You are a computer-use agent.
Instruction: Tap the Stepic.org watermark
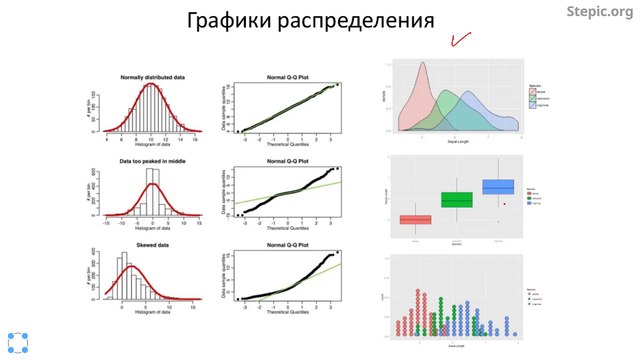pos(599,13)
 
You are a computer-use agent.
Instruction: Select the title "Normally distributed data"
pos(153,78)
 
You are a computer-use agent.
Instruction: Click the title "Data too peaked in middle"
pos(153,160)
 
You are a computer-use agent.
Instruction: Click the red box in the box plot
pos(416,220)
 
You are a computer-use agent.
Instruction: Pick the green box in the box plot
pos(456,200)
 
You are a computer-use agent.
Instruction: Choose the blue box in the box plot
pos(497,187)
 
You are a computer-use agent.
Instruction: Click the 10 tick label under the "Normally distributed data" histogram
pos(150,140)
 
